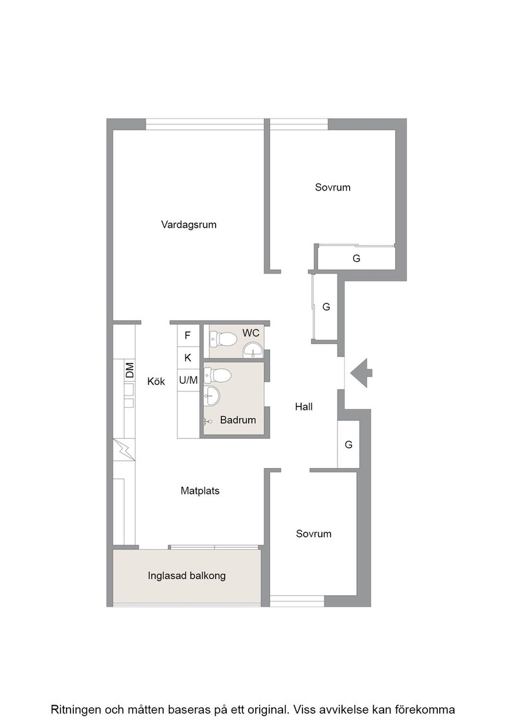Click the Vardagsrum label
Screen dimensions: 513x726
tap(188, 225)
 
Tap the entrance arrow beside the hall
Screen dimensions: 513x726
tap(361, 373)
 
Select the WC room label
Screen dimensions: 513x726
tap(251, 333)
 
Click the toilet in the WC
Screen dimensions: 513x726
tap(223, 340)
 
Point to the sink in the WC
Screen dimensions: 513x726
tap(252, 350)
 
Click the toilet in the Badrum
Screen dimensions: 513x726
tap(218, 375)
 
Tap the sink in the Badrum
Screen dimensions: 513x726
tap(212, 396)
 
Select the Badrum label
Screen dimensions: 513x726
tap(238, 420)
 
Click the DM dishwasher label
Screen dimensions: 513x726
tap(130, 369)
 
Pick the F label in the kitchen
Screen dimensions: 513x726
tap(187, 335)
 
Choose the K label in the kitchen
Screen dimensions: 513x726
tap(188, 357)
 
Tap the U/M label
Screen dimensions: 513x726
tap(188, 380)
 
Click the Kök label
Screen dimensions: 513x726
tap(156, 382)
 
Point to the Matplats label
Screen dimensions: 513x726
tap(200, 491)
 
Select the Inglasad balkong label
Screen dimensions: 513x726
tap(187, 576)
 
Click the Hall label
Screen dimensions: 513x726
tap(304, 406)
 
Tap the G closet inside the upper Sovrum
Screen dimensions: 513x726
tap(356, 259)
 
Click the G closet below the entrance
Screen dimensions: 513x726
tap(348, 445)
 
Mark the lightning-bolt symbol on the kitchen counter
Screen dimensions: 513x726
tap(124, 449)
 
